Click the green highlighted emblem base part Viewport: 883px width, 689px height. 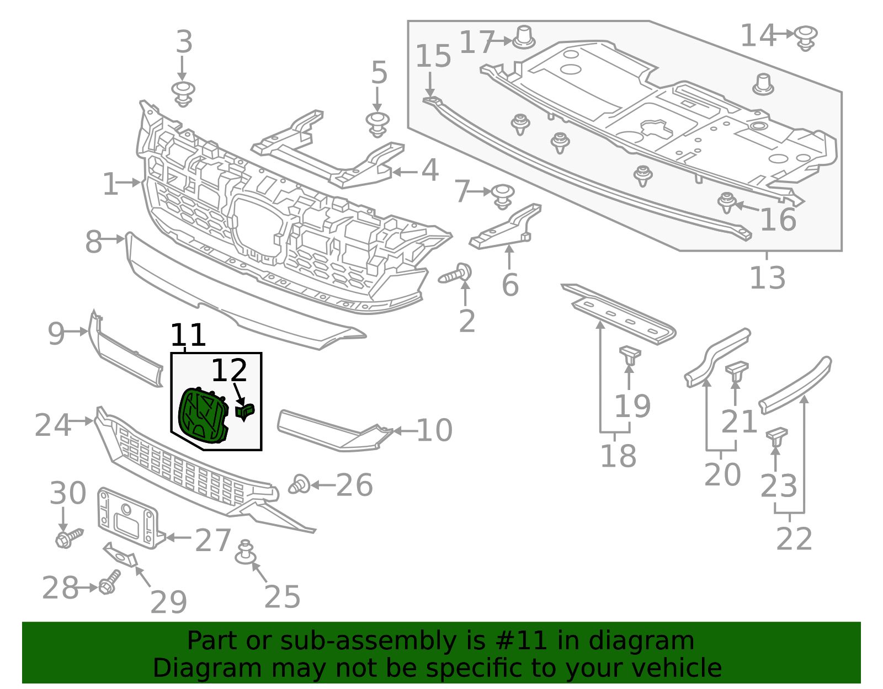203,415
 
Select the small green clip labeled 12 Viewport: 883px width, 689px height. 245,411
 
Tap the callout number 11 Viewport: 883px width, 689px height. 188,335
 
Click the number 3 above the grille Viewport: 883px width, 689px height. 184,42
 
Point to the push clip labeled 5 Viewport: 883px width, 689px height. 377,124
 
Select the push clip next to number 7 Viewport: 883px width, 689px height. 502,195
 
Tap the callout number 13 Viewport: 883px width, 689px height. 767,277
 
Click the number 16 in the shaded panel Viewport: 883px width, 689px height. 778,219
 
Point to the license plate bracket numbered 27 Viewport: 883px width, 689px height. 129,518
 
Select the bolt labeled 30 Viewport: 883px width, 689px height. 68,538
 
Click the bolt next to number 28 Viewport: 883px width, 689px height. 109,583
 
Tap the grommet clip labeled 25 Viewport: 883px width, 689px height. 246,553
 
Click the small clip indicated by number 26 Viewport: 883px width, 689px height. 299,484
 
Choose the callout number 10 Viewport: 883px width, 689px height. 434,430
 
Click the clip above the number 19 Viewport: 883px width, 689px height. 629,354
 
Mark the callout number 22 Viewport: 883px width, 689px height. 794,539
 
